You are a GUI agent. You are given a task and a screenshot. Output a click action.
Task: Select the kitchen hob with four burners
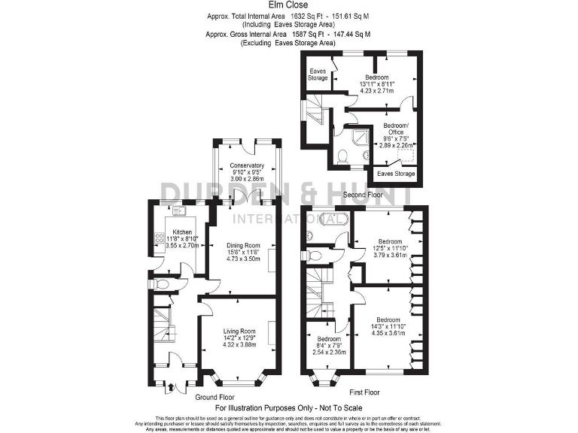coord(160,239)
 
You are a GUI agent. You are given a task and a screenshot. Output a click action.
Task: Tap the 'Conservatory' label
coord(247,165)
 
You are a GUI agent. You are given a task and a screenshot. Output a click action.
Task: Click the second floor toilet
coord(342,156)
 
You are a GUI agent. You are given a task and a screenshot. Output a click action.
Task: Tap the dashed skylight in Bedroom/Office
coord(408,156)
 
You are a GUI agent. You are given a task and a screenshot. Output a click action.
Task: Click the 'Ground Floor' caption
coord(216,397)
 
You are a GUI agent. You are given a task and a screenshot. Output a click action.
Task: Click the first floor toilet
coord(315,256)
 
